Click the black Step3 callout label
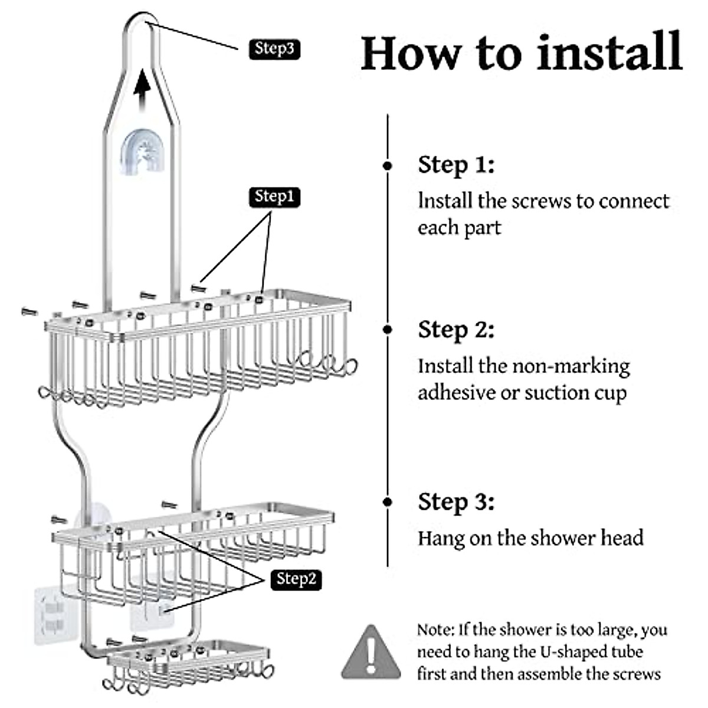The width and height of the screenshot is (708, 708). point(274,49)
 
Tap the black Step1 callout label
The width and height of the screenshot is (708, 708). point(274,197)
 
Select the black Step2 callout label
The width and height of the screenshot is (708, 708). point(296,580)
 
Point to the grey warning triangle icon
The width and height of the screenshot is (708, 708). point(371,652)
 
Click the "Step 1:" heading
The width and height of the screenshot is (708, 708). point(456,165)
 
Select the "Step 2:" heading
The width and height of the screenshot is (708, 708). point(456,330)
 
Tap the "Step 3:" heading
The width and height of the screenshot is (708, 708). point(456,502)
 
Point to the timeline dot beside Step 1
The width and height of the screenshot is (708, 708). point(387,166)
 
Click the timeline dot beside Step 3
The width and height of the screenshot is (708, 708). point(387,502)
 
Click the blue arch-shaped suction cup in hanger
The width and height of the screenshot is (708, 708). point(142,152)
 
